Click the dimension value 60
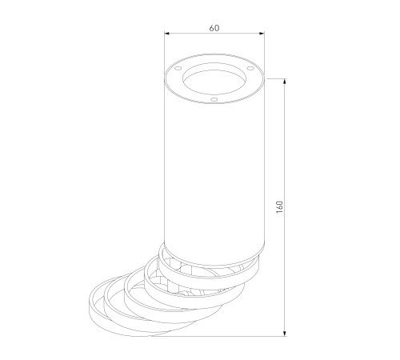[x=214, y=28]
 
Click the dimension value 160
[x=279, y=206]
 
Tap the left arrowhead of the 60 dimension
[x=167, y=34]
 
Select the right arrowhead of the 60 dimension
[x=262, y=34]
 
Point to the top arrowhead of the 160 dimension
[x=285, y=82]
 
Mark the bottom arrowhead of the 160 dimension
[x=285, y=334]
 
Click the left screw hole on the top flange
[x=178, y=68]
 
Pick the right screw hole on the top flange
[x=250, y=68]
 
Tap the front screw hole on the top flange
[x=214, y=100]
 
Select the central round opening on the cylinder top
[x=214, y=78]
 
